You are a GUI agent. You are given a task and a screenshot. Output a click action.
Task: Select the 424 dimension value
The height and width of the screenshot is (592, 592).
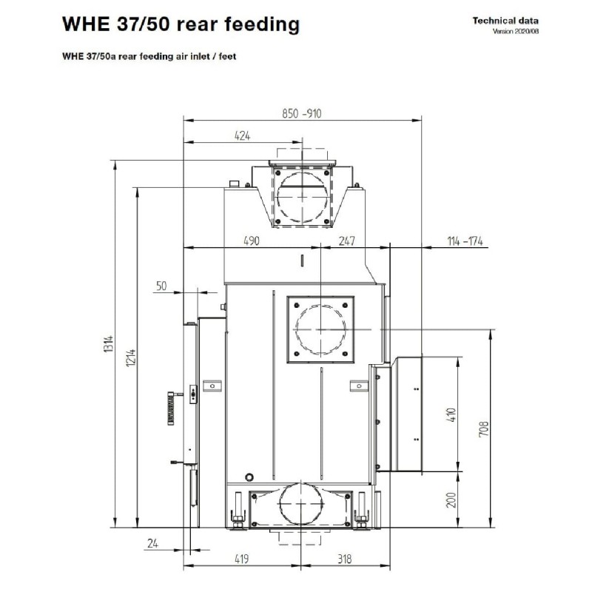[242, 135]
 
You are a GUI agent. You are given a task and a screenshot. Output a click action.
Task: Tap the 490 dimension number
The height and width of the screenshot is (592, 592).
[252, 240]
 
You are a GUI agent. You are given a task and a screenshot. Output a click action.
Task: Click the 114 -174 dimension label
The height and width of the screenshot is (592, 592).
[466, 240]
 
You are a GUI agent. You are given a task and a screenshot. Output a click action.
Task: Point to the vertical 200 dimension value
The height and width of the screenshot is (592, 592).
[453, 501]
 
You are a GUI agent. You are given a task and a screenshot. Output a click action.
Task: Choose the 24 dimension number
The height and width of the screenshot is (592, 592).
[152, 544]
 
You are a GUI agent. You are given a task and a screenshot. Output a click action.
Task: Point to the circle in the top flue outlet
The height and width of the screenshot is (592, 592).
[300, 193]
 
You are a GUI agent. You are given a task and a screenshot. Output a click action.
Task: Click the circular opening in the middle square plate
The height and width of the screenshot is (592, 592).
[320, 329]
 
